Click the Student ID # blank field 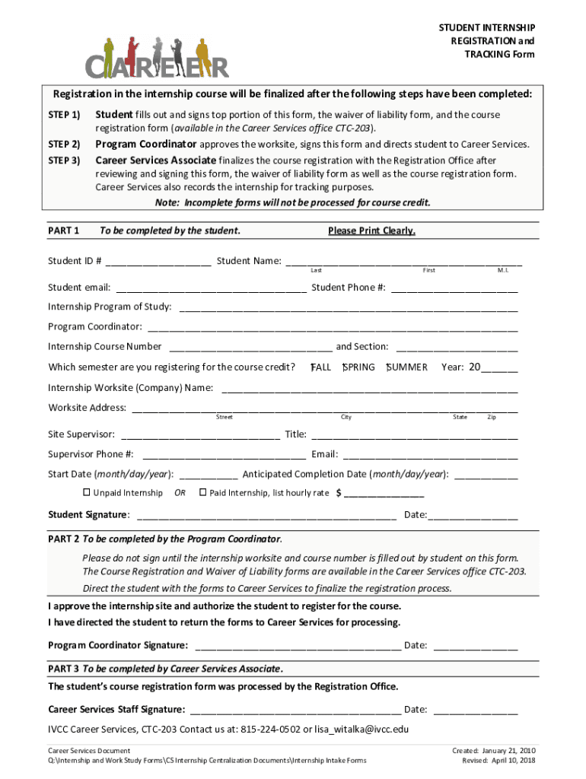pos(158,262)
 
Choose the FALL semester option pos(320,367)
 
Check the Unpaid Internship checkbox pos(86,492)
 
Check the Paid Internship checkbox pos(202,492)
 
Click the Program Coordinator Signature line pos(298,647)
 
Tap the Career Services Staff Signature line pos(295,711)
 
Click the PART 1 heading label pos(64,231)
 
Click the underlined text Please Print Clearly pos(371,231)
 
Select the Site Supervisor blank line pos(200,436)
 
